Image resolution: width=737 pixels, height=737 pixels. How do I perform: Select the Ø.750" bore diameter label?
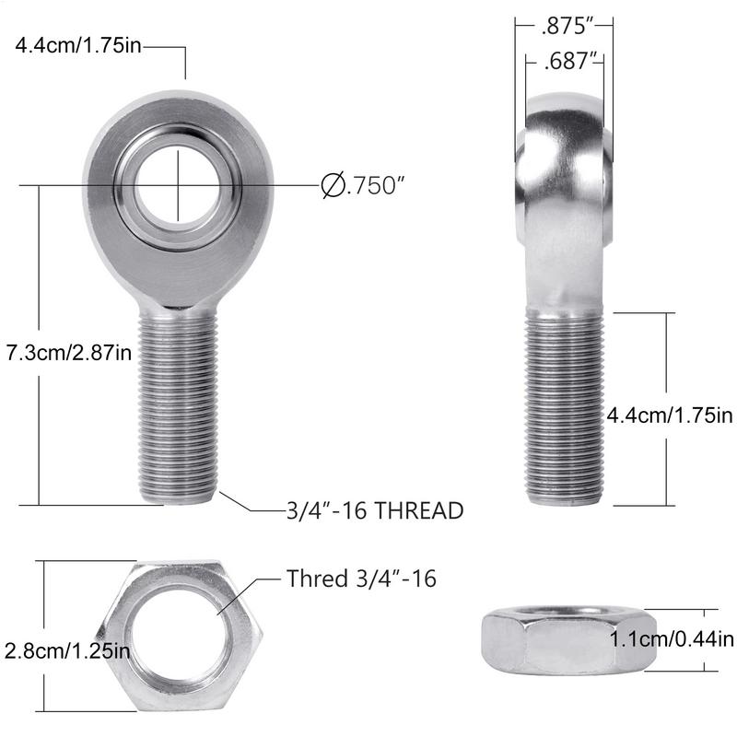[x=364, y=185]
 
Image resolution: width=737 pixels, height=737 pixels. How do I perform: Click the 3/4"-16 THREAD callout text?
[x=374, y=510]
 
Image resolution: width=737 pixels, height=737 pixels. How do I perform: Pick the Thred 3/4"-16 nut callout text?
[x=361, y=579]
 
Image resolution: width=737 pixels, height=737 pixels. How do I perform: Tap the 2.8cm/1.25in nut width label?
[x=66, y=650]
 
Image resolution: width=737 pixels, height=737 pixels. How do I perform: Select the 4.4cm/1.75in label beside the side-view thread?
[x=669, y=415]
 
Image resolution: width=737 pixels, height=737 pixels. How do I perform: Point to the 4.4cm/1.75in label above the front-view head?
[x=77, y=45]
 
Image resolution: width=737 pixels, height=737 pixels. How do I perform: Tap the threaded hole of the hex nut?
[x=178, y=637]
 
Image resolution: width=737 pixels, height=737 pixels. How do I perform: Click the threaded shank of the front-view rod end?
[x=178, y=405]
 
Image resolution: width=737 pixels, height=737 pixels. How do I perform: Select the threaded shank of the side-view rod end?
[x=565, y=405]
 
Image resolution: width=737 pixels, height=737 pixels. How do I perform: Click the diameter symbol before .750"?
[x=332, y=185]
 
